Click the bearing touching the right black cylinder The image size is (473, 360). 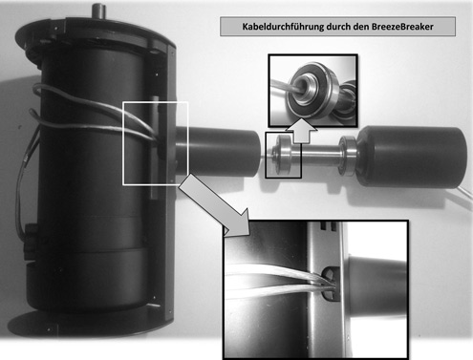pos(351,152)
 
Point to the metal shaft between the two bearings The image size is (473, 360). pos(317,152)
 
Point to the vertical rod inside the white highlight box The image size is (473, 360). pos(155,153)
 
